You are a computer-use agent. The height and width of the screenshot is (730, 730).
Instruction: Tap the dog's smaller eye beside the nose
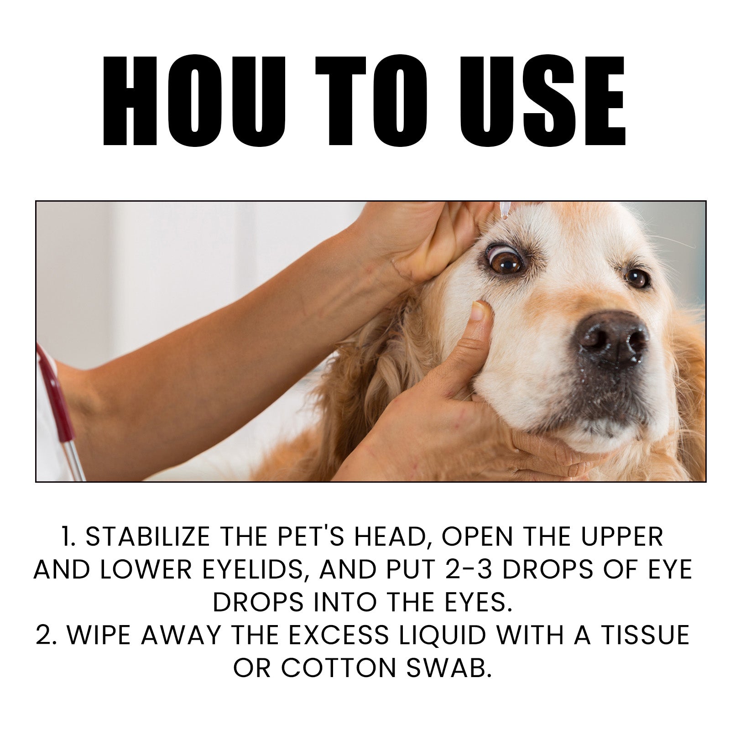pos(637,277)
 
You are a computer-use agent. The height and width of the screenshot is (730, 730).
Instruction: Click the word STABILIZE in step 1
pos(148,537)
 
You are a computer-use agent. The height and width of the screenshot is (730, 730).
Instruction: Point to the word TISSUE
pos(645,635)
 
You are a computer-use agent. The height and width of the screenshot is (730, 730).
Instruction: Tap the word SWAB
pos(448,668)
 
